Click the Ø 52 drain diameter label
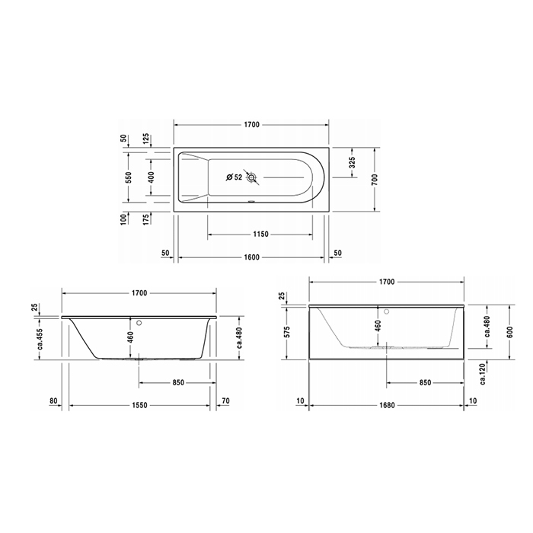[235, 177]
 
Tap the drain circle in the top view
[252, 177]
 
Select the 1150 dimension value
[260, 235]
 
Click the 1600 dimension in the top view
[251, 257]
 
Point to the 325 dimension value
[352, 162]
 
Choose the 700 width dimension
[375, 179]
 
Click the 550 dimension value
[129, 177]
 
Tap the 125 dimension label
[146, 140]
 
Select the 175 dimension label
[146, 220]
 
